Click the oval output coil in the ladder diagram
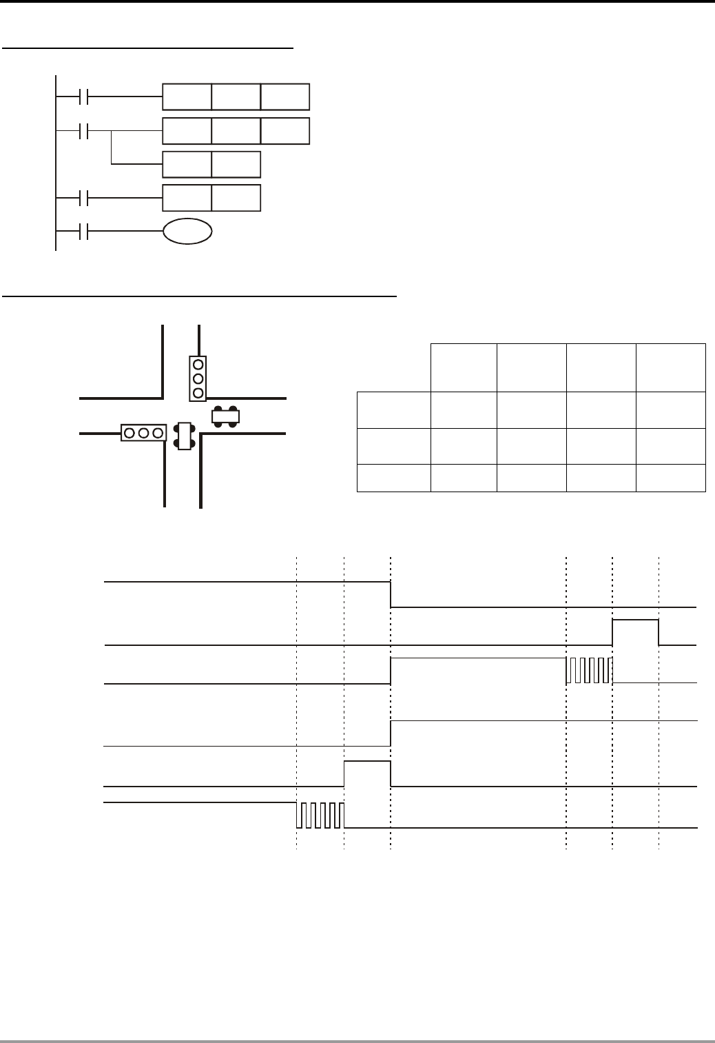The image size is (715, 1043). coord(187,232)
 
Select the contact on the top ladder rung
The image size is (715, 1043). coord(84,97)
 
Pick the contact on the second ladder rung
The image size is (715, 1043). coord(84,131)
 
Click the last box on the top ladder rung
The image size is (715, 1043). coord(285,97)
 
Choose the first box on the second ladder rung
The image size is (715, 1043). coord(187,131)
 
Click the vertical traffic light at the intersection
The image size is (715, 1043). coord(198,378)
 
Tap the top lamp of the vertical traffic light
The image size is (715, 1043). coord(198,364)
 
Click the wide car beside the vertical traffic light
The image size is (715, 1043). coord(226,416)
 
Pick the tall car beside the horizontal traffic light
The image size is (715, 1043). coord(183,436)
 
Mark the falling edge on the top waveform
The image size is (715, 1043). coord(391,594)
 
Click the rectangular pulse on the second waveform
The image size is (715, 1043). coord(635,632)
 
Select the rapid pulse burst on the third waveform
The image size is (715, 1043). coord(589,670)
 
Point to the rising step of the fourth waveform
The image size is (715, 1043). coord(391,733)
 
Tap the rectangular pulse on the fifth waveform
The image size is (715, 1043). coord(367,773)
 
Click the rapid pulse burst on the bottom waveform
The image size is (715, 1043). coord(320,815)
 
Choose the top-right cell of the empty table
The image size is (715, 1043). coord(671,367)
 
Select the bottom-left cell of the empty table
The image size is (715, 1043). coord(393,478)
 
